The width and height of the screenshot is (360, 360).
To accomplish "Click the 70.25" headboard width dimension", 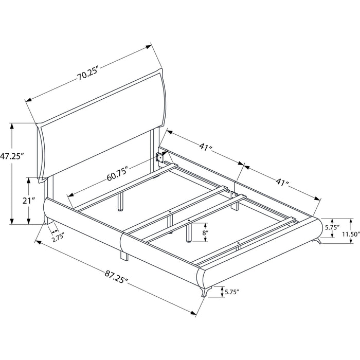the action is pyautogui.click(x=87, y=73).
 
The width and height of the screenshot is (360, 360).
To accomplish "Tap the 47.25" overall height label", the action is pyautogui.click(x=12, y=156).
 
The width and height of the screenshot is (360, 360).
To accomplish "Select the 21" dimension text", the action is pyautogui.click(x=28, y=201).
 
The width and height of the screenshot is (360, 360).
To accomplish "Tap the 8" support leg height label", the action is pyautogui.click(x=205, y=232).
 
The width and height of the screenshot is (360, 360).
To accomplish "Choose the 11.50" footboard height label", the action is pyautogui.click(x=351, y=234).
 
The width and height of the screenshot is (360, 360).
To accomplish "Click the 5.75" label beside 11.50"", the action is pyautogui.click(x=332, y=227).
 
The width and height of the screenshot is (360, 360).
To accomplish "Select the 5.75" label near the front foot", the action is pyautogui.click(x=232, y=292).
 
